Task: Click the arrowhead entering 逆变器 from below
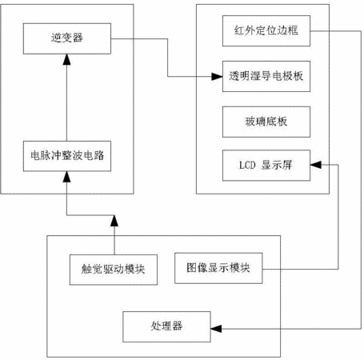66,59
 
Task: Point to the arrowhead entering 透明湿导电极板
217,77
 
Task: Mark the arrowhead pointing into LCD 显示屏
316,165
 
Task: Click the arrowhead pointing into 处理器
216,329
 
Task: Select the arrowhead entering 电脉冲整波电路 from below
66,177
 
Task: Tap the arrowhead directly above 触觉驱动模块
114,221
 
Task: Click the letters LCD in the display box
247,166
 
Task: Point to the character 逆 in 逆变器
56,38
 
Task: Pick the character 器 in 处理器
178,326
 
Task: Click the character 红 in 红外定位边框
240,30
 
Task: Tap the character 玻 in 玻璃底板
250,122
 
